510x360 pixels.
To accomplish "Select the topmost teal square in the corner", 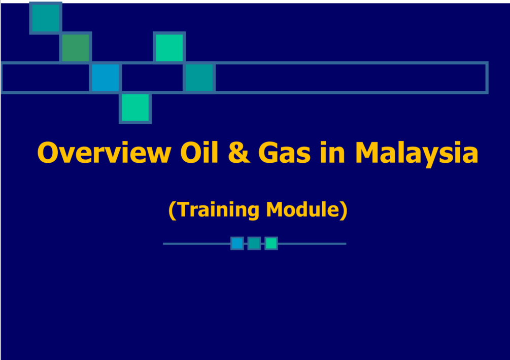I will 46,18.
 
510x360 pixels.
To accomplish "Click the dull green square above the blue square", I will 76,48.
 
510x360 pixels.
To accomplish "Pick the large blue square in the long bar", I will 106,78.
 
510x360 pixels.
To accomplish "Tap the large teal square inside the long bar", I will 199,78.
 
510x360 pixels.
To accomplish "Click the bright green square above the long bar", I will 169,48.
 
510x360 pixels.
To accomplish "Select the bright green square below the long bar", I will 135,107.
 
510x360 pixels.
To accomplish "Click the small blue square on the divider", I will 237,243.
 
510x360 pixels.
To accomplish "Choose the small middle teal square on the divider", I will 254,243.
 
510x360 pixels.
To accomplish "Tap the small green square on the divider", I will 271,243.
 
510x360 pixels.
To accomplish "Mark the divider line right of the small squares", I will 312,244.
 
